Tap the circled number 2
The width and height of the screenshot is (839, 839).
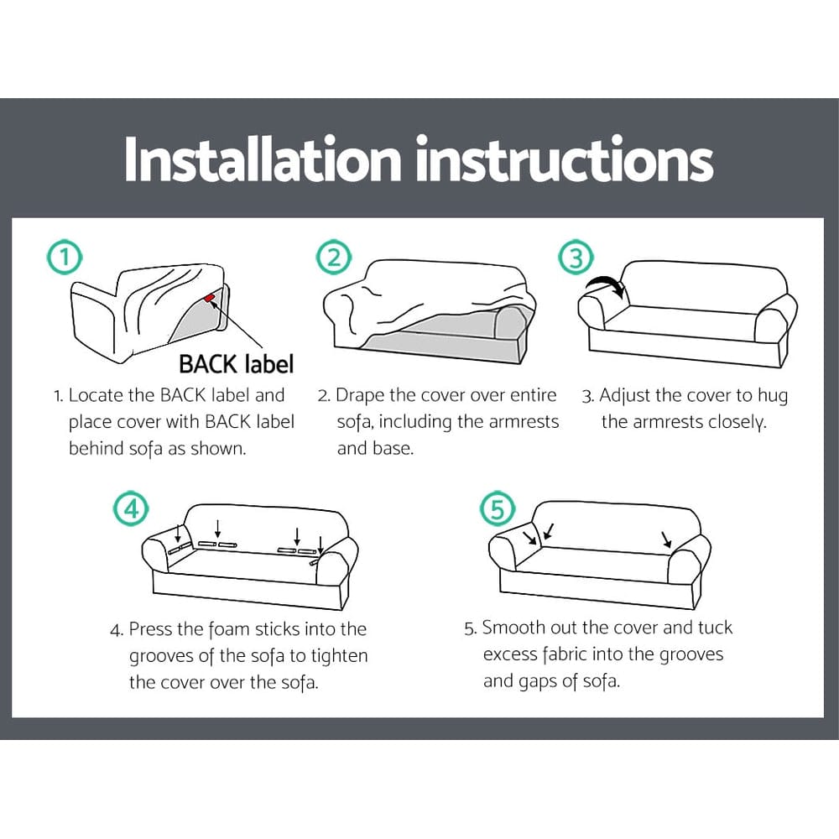point(334,258)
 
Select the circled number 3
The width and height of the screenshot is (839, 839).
point(576,258)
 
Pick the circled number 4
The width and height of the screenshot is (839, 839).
point(130,508)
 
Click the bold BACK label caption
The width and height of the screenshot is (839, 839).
point(236,364)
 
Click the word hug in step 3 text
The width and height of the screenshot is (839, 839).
point(773,395)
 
